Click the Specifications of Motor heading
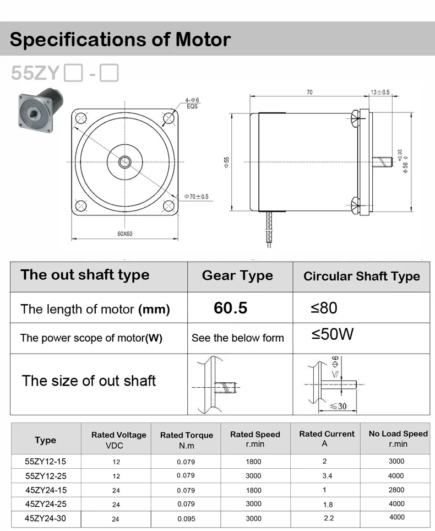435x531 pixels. (120, 40)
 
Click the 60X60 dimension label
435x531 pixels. (124, 234)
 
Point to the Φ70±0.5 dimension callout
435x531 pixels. (196, 197)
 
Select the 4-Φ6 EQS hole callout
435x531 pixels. (192, 103)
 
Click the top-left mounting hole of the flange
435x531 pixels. (81, 118)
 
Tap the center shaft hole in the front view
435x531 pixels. (124, 162)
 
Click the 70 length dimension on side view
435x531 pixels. (309, 93)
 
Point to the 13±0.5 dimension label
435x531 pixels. (380, 92)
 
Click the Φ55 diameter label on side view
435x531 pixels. (226, 162)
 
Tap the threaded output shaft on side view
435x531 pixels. (382, 162)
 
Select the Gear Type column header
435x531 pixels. (237, 276)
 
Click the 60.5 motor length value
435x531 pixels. (230, 308)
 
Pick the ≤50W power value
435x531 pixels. (332, 334)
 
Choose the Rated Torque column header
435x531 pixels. (186, 439)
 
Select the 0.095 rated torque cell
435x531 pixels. (186, 518)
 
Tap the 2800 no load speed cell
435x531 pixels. (396, 490)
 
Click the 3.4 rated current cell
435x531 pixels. (327, 475)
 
